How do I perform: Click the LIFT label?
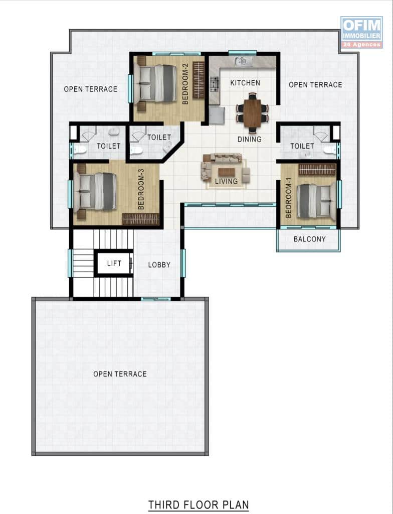[114, 263]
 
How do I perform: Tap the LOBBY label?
[159, 265]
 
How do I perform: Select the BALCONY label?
[309, 239]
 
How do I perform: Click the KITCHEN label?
[245, 83]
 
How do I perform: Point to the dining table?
[252, 113]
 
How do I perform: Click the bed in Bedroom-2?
[155, 82]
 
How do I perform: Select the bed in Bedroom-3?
[95, 191]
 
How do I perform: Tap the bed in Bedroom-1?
[316, 201]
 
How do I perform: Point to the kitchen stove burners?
[214, 84]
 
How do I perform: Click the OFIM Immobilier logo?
[361, 32]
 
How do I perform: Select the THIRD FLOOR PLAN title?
[199, 504]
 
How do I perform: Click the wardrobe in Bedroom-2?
[199, 80]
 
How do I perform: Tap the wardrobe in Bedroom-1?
[317, 170]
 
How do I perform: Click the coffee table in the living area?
[227, 172]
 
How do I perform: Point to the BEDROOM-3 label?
[141, 189]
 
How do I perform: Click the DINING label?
[250, 140]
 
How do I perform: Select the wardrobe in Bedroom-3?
[140, 219]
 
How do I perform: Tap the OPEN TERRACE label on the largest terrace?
[120, 374]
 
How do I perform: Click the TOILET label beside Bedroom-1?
[302, 146]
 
